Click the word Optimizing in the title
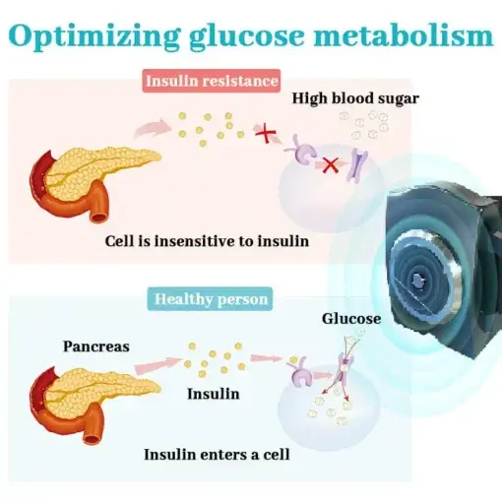[x=94, y=35]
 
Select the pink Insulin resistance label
[x=212, y=81]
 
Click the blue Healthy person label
[x=210, y=299]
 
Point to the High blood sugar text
[x=355, y=98]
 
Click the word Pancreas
[x=96, y=346]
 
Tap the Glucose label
[x=351, y=319]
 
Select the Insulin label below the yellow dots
[x=214, y=394]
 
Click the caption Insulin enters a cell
[x=217, y=455]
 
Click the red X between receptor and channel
[x=331, y=165]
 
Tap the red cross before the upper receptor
[x=266, y=133]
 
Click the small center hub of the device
[x=417, y=281]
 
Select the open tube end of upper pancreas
[x=99, y=217]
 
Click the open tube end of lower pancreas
[x=92, y=439]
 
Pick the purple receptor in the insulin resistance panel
[x=302, y=151]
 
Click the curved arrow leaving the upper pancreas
[x=151, y=128]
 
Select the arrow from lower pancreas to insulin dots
[x=158, y=365]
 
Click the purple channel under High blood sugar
[x=358, y=165]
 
